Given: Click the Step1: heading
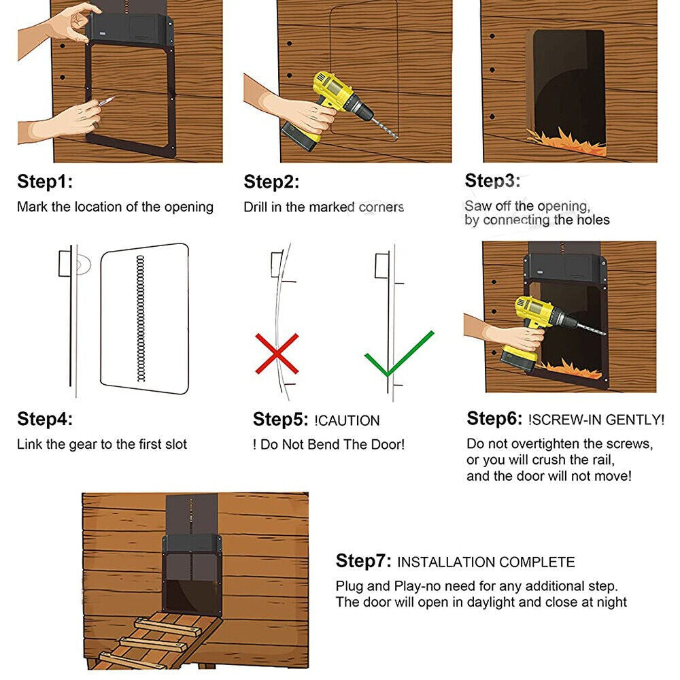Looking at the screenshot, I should point(44,182).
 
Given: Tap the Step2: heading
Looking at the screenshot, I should point(271,182).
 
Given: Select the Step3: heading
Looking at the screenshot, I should point(492,181).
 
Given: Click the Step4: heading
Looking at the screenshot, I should point(44,419).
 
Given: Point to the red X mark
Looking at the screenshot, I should point(277,353).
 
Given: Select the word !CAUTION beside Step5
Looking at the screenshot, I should point(347,420).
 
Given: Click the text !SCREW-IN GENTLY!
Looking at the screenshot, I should point(596,420).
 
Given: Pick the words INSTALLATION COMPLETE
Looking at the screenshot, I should point(486,562).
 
